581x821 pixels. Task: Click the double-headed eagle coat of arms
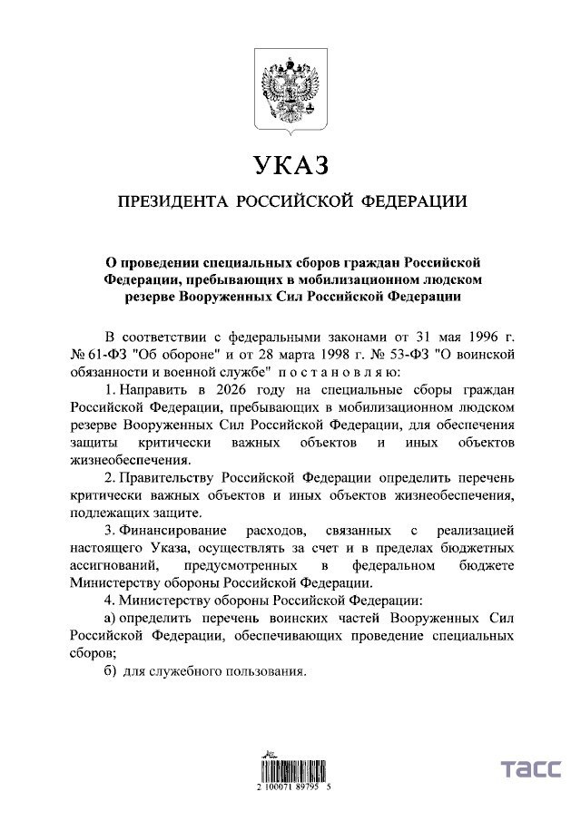point(290,92)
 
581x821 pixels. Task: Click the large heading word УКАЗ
point(289,165)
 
